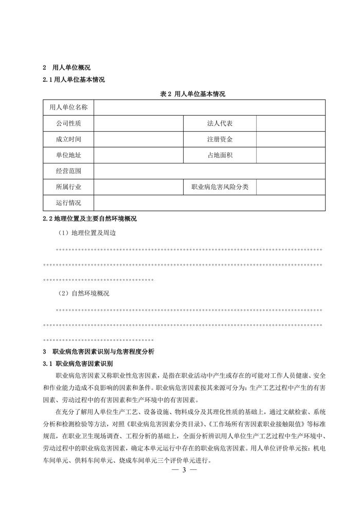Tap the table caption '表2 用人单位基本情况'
click(193, 94)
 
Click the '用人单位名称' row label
click(68, 107)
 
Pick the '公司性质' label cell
click(68, 123)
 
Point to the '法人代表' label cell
click(220, 123)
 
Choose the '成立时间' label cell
click(68, 139)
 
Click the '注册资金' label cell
click(220, 139)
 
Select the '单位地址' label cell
click(68, 155)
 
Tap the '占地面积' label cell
click(220, 155)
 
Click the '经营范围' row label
click(68, 171)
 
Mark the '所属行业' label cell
click(68, 187)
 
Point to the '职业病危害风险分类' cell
click(220, 187)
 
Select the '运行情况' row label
click(68, 203)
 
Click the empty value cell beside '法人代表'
click(291, 123)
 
